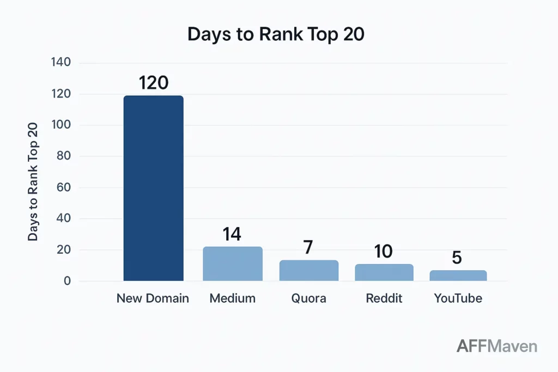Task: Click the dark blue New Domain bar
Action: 153,188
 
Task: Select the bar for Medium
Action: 233,264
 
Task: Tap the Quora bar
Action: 308,271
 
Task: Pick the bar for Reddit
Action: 384,272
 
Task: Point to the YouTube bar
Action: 458,276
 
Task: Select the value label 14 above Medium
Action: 232,234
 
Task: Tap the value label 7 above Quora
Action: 308,247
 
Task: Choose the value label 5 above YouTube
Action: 457,257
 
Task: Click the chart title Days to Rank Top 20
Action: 276,34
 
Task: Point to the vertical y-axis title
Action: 33,182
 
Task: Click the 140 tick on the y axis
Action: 61,62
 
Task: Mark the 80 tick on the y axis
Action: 64,156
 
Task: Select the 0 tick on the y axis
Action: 67,281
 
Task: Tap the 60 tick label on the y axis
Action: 64,187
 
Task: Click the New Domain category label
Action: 153,298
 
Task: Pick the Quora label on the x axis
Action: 308,298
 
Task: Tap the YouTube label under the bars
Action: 458,298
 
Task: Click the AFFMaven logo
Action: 496,345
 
